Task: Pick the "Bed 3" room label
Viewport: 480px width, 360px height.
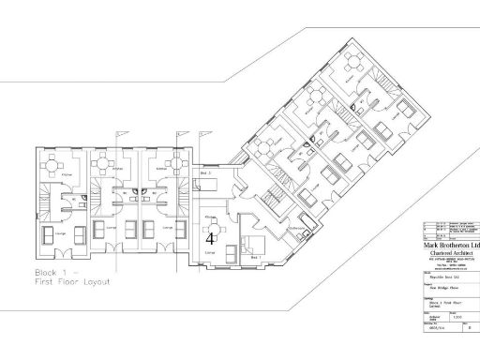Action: click(x=205, y=174)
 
